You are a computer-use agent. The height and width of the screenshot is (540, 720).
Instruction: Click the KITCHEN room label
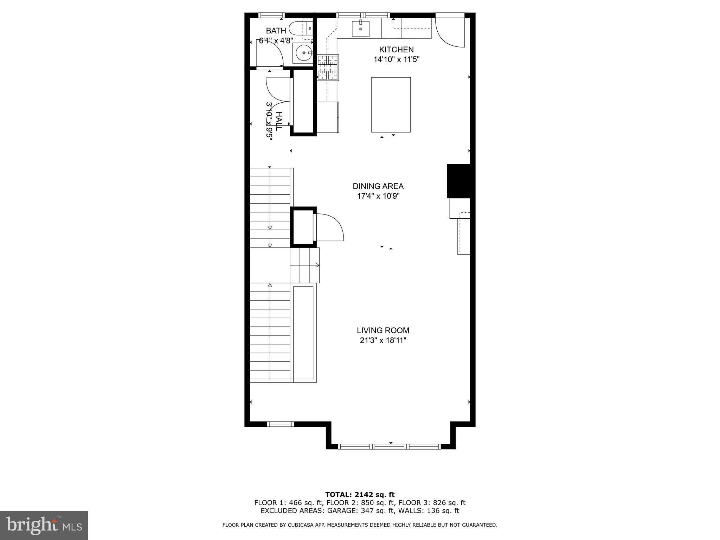tap(396, 50)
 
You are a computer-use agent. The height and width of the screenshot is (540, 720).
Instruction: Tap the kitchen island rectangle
tap(391, 105)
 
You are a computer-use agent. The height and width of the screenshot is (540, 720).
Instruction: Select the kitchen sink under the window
tap(361, 28)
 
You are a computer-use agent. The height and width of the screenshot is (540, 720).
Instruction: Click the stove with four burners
tap(328, 67)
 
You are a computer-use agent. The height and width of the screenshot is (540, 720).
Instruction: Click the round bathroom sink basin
tap(303, 53)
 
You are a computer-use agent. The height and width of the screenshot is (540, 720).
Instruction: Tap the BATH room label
tap(276, 31)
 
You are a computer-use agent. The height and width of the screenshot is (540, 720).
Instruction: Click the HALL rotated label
tap(278, 121)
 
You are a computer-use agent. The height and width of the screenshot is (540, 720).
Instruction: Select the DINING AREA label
tap(378, 186)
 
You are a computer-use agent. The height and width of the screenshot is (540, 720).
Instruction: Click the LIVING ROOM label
tap(383, 330)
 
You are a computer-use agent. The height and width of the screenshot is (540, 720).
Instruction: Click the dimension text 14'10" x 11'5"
tap(396, 59)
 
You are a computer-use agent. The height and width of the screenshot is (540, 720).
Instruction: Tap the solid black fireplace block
tap(458, 181)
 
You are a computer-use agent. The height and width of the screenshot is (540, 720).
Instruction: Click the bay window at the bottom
tap(390, 446)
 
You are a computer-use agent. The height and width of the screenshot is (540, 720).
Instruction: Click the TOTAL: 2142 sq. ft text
tap(360, 495)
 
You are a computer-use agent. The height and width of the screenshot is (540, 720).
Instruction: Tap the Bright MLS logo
tap(44, 525)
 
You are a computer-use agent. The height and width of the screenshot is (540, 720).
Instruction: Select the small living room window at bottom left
tap(280, 424)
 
